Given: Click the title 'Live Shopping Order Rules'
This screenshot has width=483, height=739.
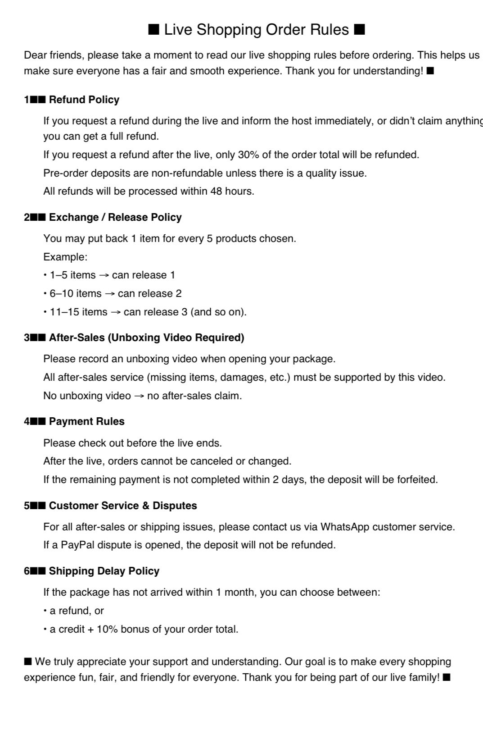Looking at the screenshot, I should click(x=256, y=30).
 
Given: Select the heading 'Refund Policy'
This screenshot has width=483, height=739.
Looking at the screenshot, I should click(x=84, y=100).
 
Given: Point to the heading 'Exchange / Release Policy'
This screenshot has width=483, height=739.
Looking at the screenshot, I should click(x=115, y=217).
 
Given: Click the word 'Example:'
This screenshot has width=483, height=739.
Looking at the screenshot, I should click(x=65, y=257).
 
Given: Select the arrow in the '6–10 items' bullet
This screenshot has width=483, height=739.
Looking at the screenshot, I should click(x=109, y=294).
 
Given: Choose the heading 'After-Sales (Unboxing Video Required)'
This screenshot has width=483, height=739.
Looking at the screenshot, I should click(x=146, y=338).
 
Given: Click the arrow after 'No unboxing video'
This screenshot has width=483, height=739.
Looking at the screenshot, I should click(x=139, y=396).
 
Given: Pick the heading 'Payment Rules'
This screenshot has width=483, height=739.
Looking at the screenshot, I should click(x=86, y=421).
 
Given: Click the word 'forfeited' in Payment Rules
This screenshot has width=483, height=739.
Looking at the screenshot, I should click(x=416, y=479).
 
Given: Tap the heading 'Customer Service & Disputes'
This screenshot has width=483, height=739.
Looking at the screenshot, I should click(x=123, y=506).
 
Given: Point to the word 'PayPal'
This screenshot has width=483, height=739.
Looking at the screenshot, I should click(x=78, y=545).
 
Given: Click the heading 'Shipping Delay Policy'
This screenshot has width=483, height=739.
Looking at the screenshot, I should click(x=104, y=571).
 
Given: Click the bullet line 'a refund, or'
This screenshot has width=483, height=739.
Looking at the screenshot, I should click(x=77, y=611).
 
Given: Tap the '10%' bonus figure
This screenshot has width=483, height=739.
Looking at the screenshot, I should click(x=107, y=629).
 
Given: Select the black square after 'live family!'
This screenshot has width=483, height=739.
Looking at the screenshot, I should click(x=447, y=677).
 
